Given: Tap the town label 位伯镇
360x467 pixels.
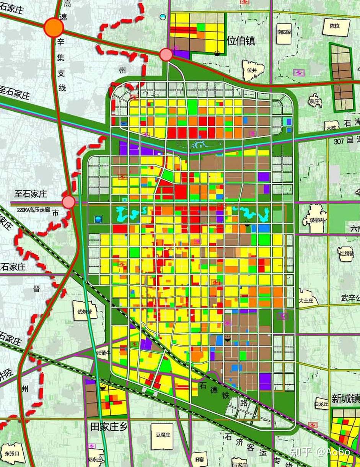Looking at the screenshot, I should pyautogui.click(x=241, y=41).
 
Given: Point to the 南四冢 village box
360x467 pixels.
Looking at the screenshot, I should pyautogui.click(x=284, y=33).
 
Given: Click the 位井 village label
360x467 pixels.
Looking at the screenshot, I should pyautogui.click(x=251, y=70).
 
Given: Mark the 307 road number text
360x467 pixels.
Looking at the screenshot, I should pyautogui.click(x=339, y=140).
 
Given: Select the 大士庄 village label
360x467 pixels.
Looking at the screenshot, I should pyautogui.click(x=306, y=301).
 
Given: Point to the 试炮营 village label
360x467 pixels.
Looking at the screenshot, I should pyautogui.click(x=85, y=312).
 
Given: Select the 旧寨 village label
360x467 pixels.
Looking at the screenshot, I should pyautogui.click(x=199, y=459).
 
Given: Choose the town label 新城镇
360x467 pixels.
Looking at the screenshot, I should pyautogui.click(x=345, y=399).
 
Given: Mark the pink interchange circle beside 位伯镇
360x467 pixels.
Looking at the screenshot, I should pyautogui.click(x=166, y=55).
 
